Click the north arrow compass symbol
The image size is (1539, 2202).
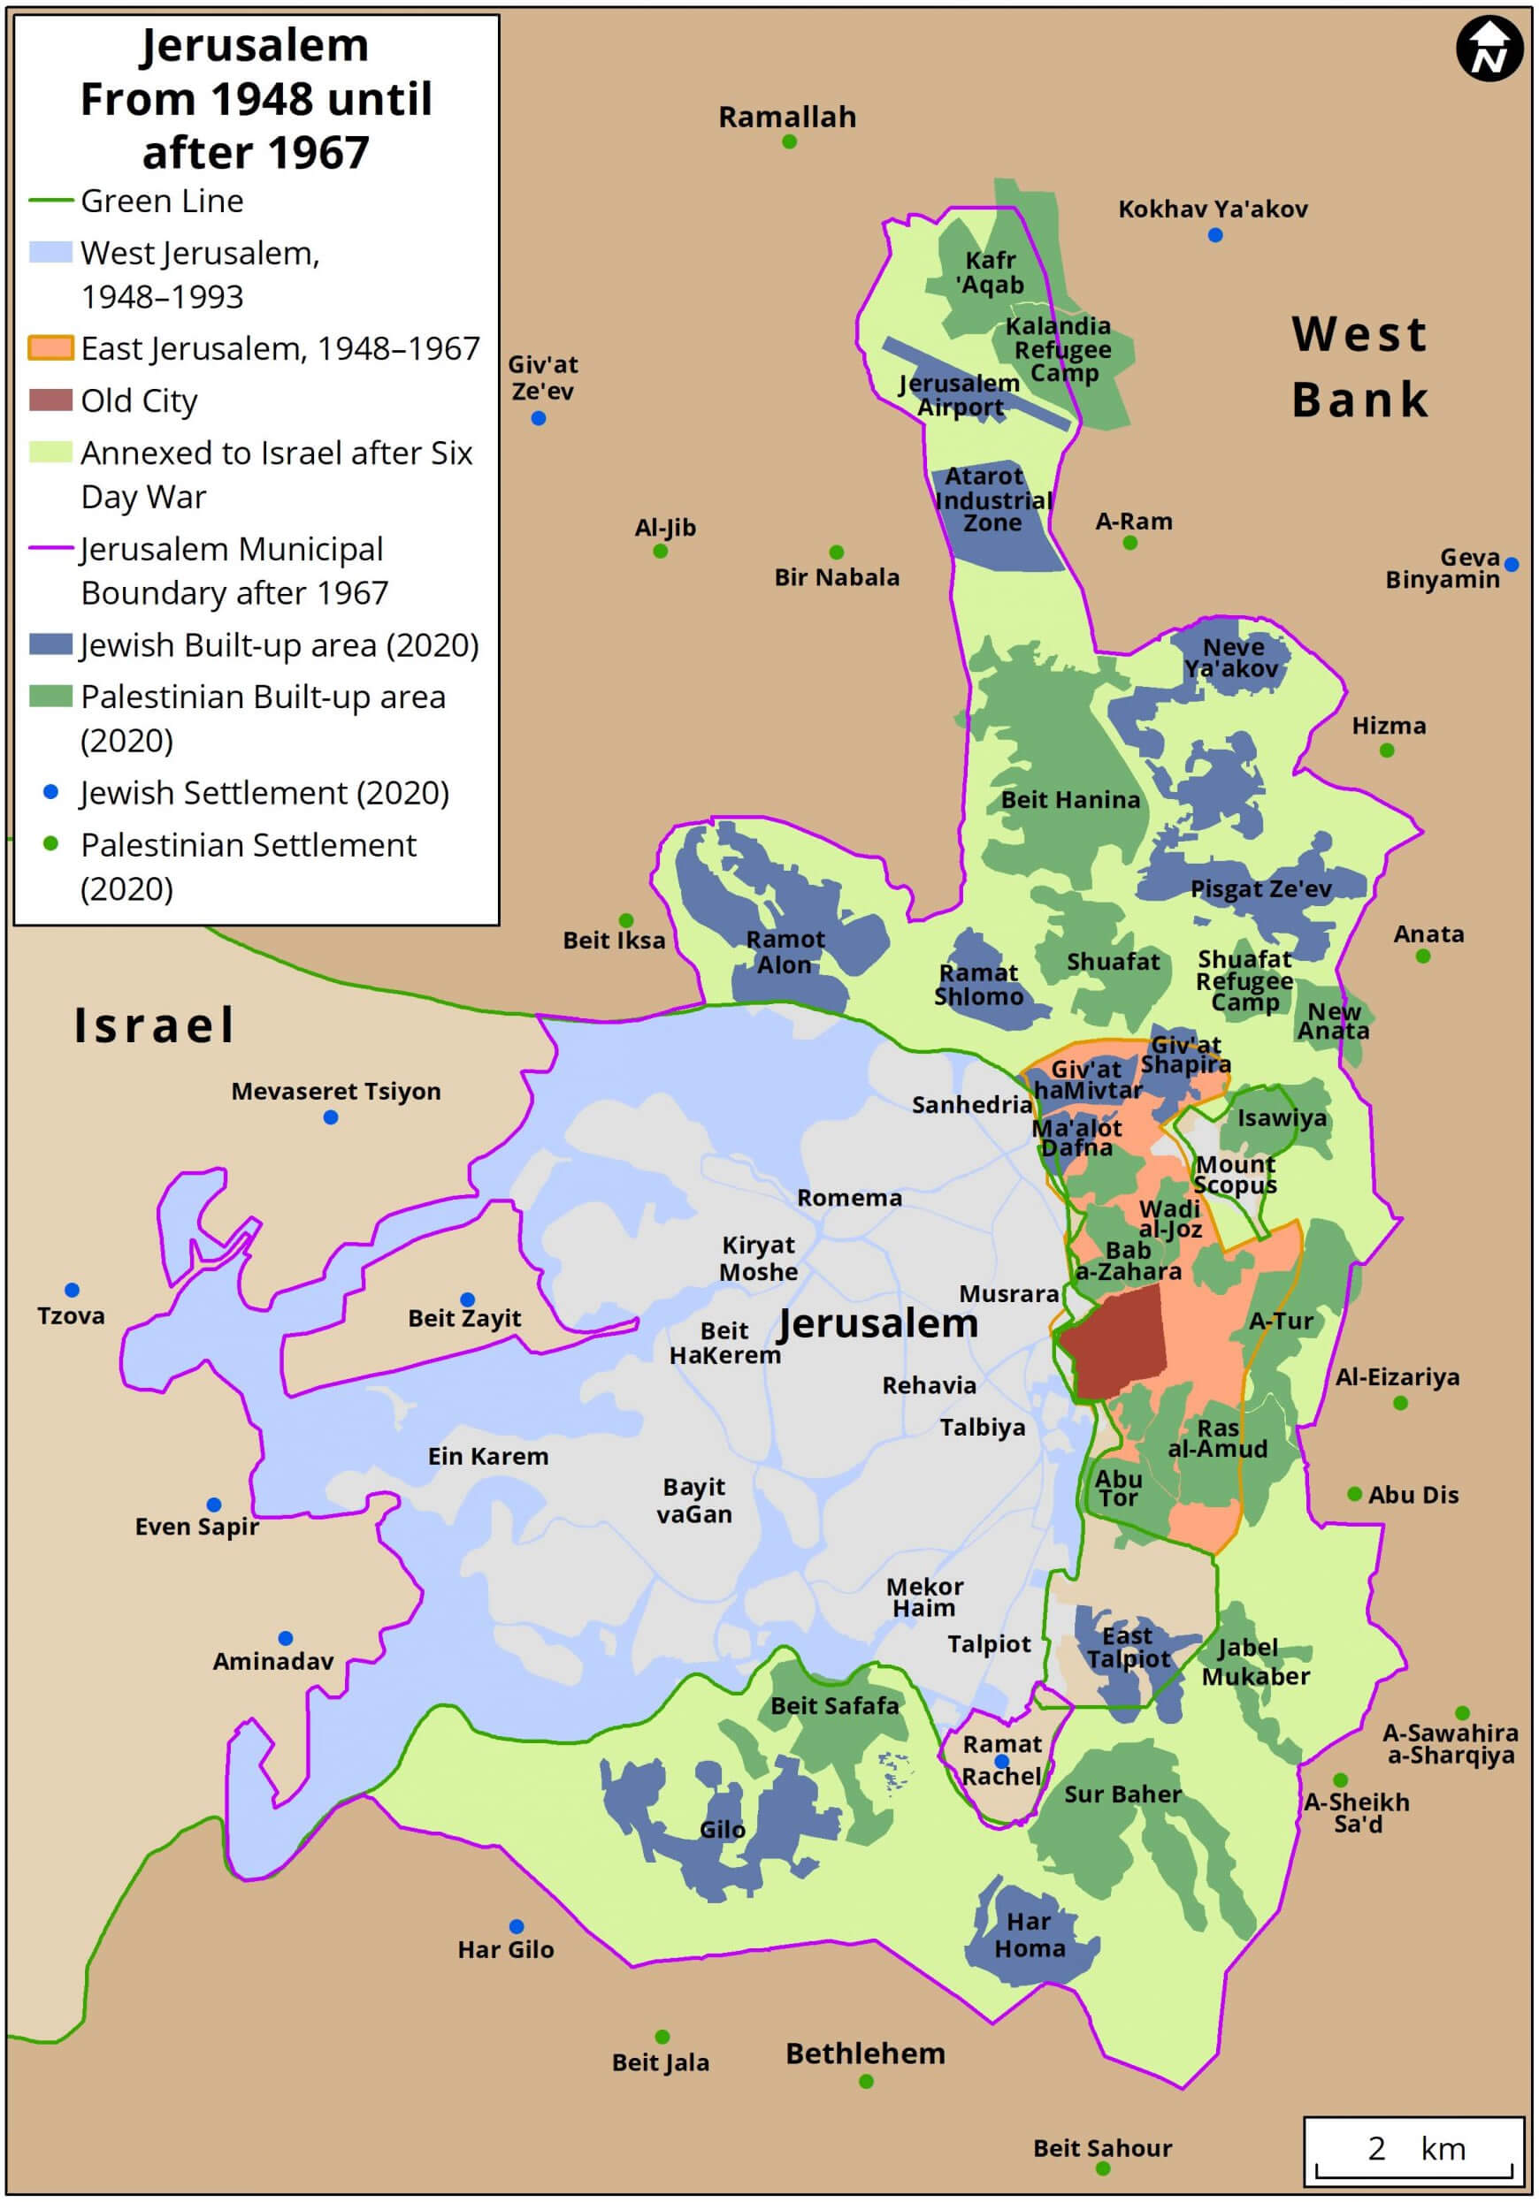(1489, 50)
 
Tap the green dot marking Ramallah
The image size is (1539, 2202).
(789, 142)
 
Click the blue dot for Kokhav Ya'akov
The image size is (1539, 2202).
(1214, 235)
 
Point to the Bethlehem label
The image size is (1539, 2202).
(864, 2053)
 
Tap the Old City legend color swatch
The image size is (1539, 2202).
(50, 400)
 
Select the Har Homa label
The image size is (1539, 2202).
(1029, 1934)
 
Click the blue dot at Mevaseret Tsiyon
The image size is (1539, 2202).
(330, 1117)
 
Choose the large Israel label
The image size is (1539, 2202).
(155, 1025)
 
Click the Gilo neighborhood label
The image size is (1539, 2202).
(722, 1830)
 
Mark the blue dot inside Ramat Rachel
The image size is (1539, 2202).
(1000, 1762)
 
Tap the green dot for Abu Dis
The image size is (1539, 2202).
(1354, 1494)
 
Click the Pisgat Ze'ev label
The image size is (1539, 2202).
(1260, 889)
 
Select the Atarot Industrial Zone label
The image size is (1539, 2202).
(992, 499)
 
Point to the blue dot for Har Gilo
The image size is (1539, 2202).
(517, 1927)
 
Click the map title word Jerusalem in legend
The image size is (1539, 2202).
(256, 45)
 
